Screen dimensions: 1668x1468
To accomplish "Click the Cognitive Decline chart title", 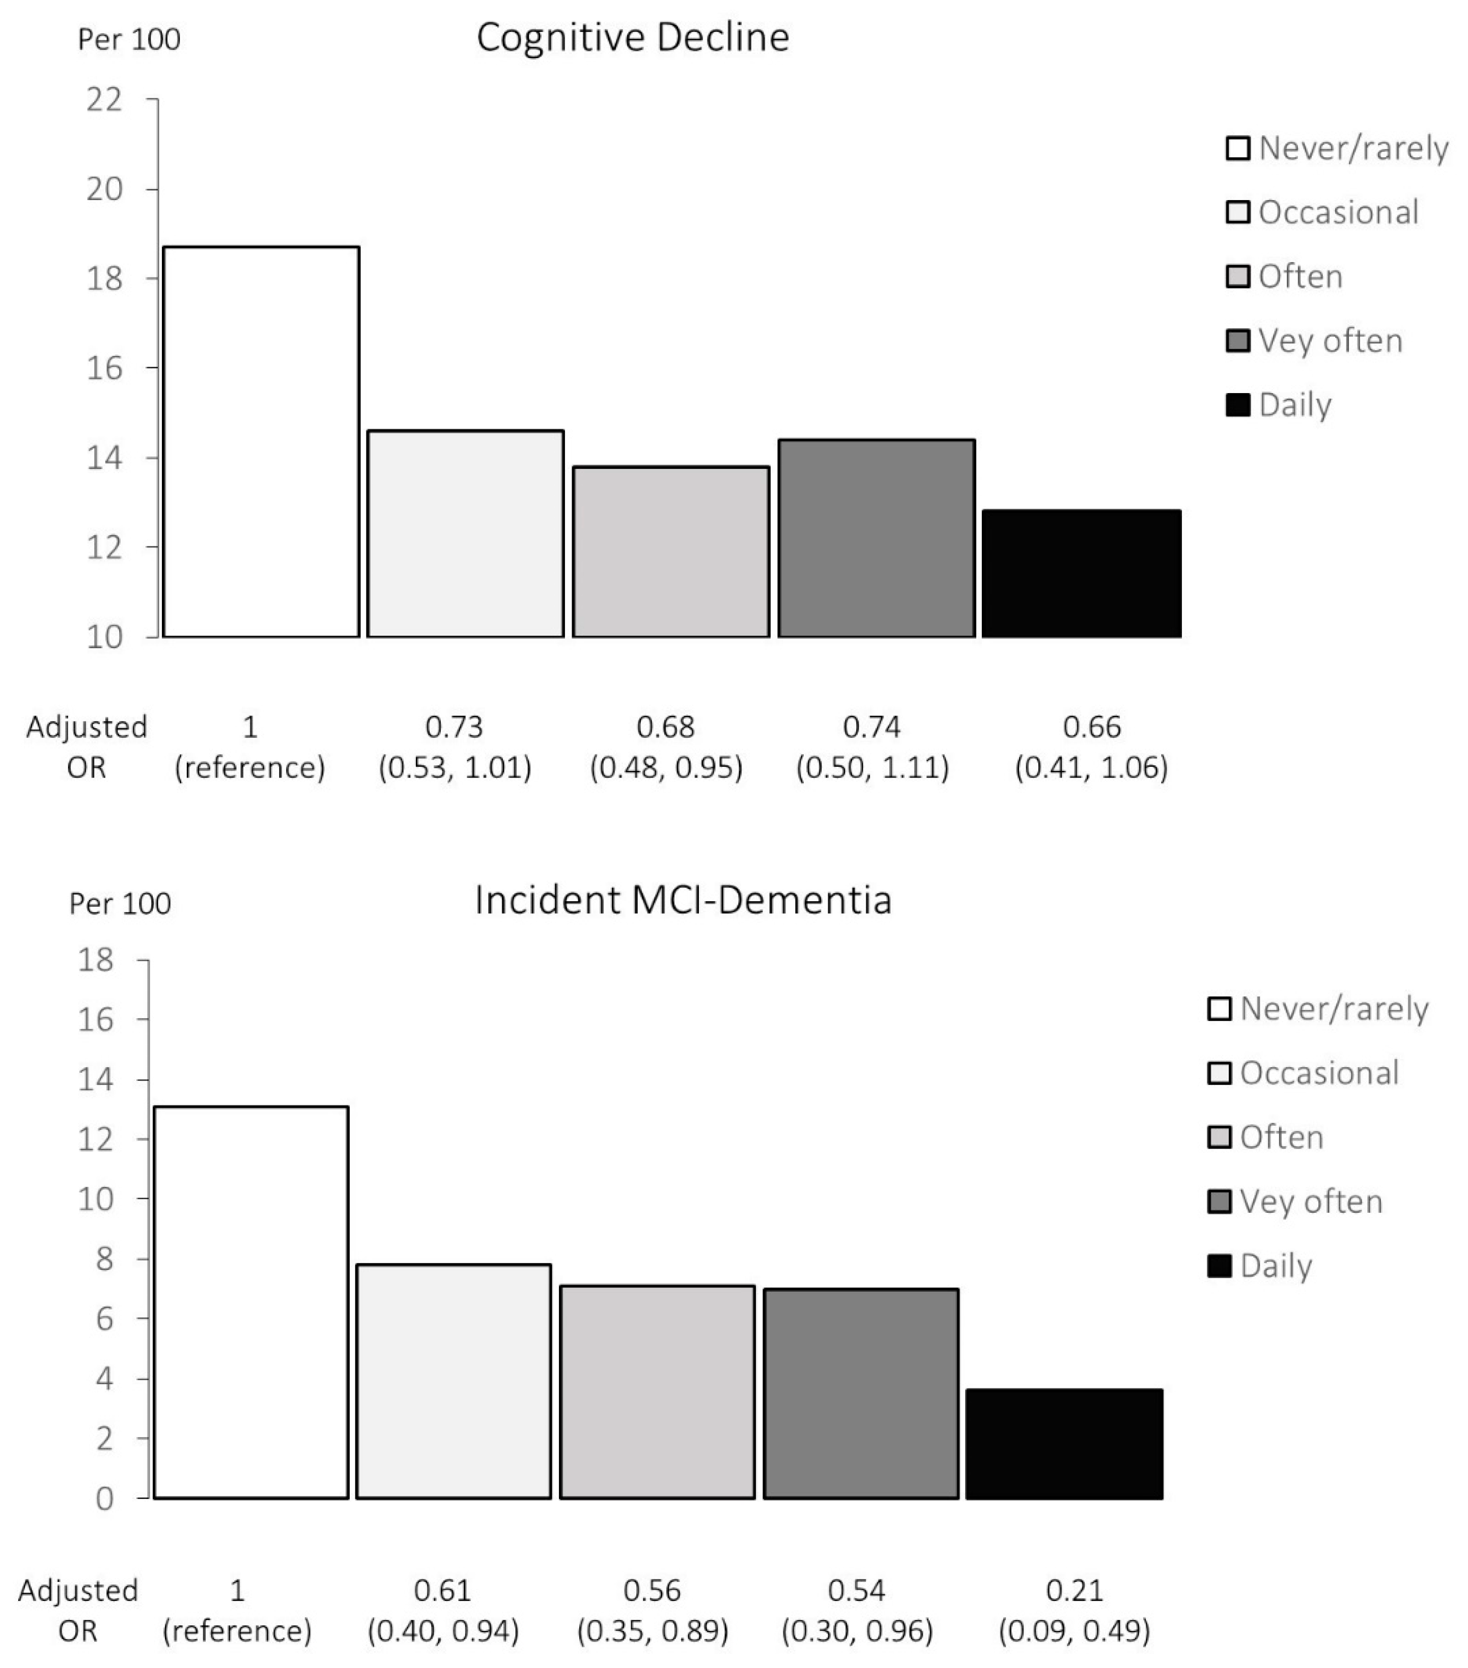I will tap(632, 38).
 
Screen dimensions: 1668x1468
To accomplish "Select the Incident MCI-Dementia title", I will tap(683, 900).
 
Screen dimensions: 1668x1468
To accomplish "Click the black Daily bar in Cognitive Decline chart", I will tap(1081, 574).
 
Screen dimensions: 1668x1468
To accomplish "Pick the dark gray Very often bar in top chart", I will tap(877, 539).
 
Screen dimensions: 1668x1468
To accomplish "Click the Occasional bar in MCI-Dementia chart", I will tap(454, 1381).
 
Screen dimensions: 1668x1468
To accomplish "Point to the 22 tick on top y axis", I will tap(104, 100).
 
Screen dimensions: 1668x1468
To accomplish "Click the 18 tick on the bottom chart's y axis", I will tap(96, 960).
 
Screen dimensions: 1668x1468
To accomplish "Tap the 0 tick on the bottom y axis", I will tap(104, 1498).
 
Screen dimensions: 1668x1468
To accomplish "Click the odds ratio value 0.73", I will tap(455, 726).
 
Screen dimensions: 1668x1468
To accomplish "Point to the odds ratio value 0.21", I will tap(1075, 1590).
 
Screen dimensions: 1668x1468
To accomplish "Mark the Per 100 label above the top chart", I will tap(129, 39).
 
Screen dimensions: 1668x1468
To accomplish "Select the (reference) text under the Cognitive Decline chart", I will tap(250, 767).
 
